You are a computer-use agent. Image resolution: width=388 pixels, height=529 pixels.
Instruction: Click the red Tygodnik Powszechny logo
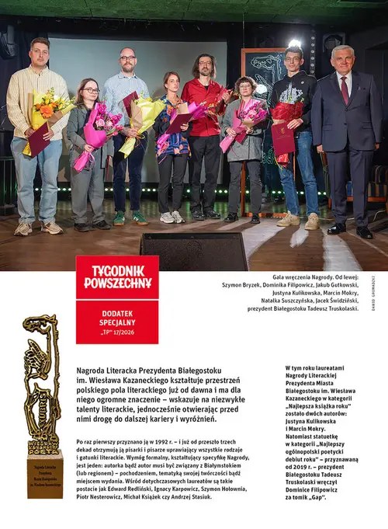point(117,277)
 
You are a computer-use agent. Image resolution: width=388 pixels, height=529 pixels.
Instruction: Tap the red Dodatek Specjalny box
point(117,321)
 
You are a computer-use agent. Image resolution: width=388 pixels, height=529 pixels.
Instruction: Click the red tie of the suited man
point(345,89)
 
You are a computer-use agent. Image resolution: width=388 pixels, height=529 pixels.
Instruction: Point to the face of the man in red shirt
point(206,66)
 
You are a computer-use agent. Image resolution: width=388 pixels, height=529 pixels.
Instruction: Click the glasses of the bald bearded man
point(127,58)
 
